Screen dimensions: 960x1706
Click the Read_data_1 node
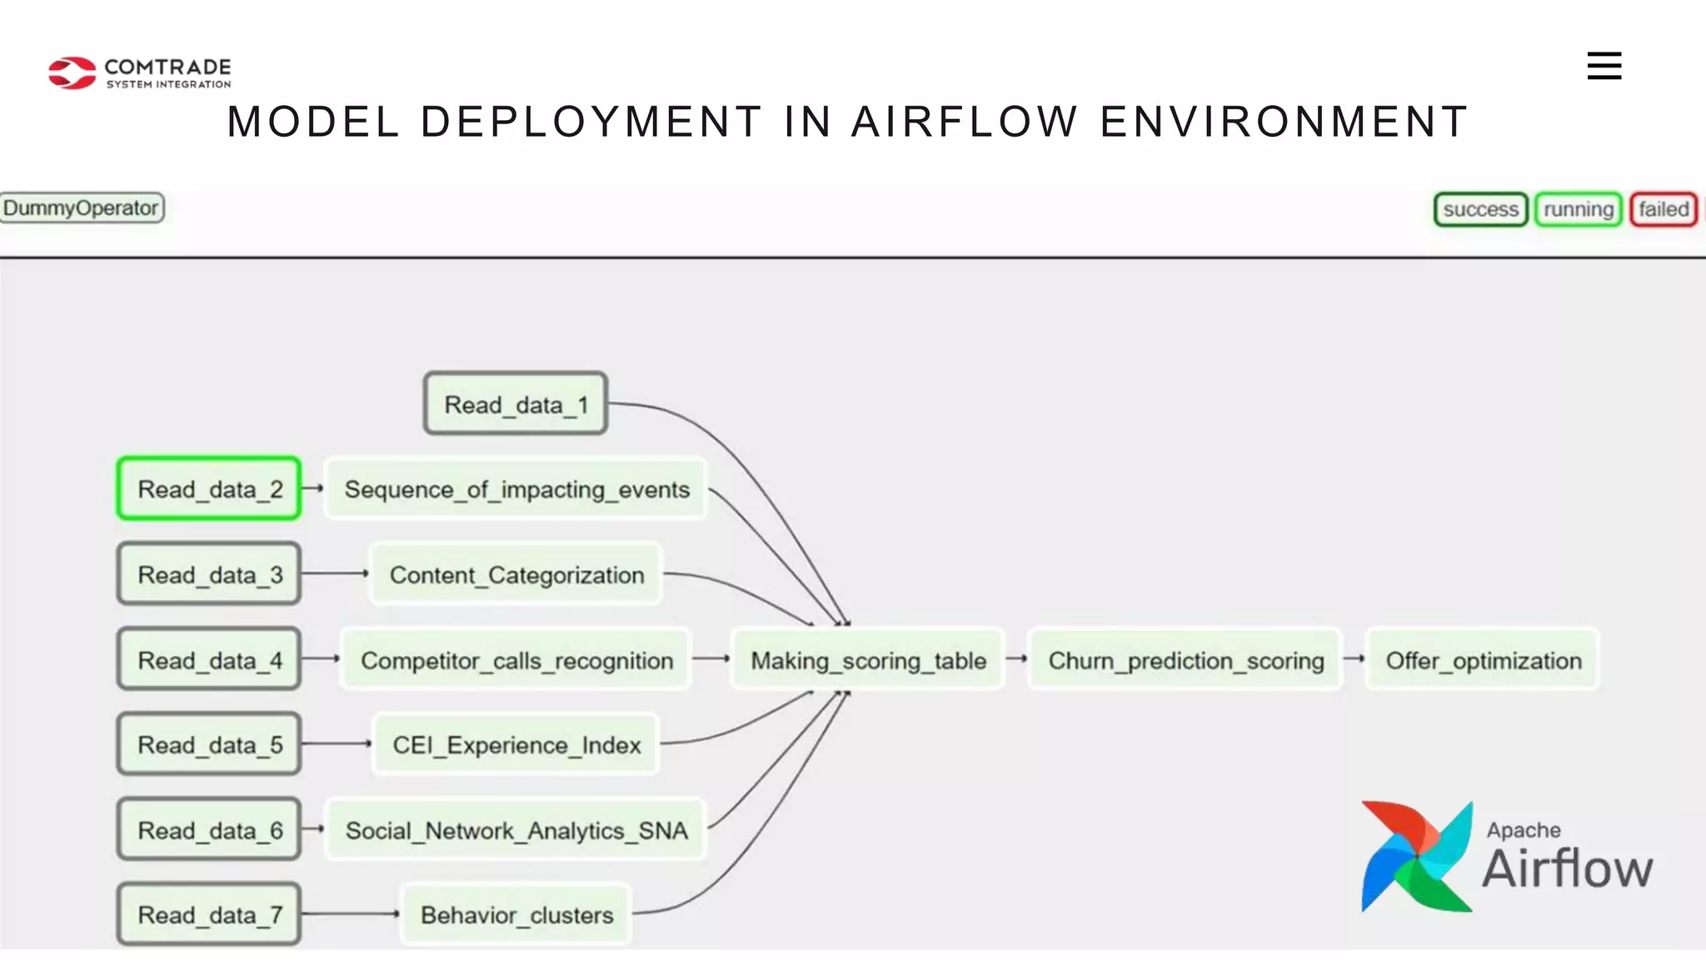(x=516, y=404)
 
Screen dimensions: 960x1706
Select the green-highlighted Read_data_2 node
(x=209, y=489)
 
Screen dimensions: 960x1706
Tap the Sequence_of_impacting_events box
(x=516, y=489)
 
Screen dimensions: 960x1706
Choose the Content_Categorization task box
(x=516, y=575)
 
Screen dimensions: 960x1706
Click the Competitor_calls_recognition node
(x=516, y=660)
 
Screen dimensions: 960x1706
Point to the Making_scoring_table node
(x=868, y=660)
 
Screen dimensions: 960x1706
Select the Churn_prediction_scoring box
(x=1185, y=660)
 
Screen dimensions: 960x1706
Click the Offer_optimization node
(x=1483, y=660)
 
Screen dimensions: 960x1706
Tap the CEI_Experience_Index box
(x=516, y=745)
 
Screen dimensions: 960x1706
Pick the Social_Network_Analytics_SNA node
(x=516, y=830)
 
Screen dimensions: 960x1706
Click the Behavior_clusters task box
(x=516, y=915)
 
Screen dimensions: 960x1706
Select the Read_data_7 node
(x=209, y=915)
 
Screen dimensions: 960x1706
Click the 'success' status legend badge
(x=1480, y=209)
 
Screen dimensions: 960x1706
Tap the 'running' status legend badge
(x=1578, y=209)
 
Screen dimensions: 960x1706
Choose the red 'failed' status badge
(x=1664, y=209)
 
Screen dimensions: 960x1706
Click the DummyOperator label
(x=81, y=207)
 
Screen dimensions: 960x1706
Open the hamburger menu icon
(x=1604, y=66)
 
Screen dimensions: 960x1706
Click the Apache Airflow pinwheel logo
(x=1416, y=857)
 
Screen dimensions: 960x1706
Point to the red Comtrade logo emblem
(x=72, y=72)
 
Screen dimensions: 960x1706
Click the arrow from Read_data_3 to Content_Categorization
(x=333, y=573)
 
